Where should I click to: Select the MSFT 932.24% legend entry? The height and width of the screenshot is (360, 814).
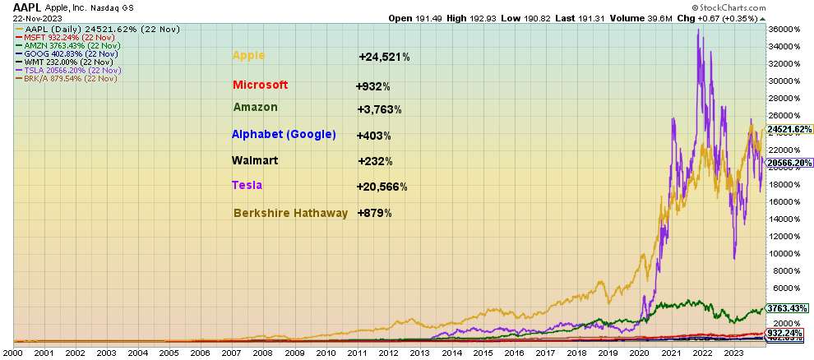[x=58, y=37]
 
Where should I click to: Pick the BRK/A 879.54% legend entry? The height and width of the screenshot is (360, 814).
[x=64, y=79]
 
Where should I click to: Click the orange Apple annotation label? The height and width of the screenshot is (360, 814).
[x=249, y=56]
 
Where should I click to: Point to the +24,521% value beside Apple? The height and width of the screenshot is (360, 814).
[x=384, y=58]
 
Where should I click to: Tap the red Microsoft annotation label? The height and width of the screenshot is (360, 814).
[x=260, y=85]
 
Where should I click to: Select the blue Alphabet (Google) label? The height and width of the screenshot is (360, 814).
[x=284, y=134]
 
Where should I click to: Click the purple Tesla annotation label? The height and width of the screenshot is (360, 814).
[x=247, y=185]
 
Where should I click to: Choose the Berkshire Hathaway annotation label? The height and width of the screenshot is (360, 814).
[x=290, y=212]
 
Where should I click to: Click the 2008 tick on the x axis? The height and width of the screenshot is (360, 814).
[x=263, y=353]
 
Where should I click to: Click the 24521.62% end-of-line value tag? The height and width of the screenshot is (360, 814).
[x=789, y=129]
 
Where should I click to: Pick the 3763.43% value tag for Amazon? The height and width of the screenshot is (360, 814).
[x=789, y=307]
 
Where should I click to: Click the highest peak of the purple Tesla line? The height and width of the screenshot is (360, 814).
[x=699, y=30]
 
